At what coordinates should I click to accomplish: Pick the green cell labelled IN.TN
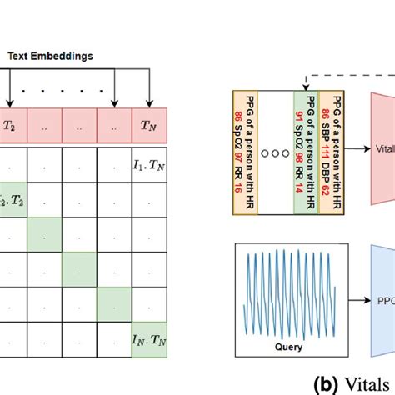[148, 339]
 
